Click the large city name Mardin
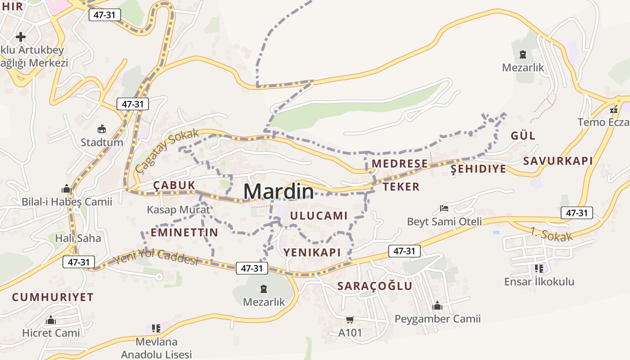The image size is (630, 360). coord(279,192)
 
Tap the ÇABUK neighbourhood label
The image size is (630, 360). coord(174,185)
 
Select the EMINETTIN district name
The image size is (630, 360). coord(184,233)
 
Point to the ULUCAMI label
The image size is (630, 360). coord(319,216)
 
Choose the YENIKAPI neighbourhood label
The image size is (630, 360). coord(312,252)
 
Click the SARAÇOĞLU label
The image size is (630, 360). coord(375,286)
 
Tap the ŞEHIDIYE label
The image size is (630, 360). coord(478,169)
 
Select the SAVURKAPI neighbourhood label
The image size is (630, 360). coord(558,161)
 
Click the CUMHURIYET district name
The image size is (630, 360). coord(53,297)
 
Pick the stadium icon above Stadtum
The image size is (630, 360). coord(102,129)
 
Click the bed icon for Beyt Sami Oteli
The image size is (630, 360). coord(444,208)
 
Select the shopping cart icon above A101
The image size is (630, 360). coord(350,320)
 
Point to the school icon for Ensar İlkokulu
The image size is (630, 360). coord(539,269)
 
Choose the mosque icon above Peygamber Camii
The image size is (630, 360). coord(437,306)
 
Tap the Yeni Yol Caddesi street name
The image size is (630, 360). coord(156,257)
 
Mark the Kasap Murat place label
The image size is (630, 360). coord(178,210)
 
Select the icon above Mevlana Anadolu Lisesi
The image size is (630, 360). coord(156,328)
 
